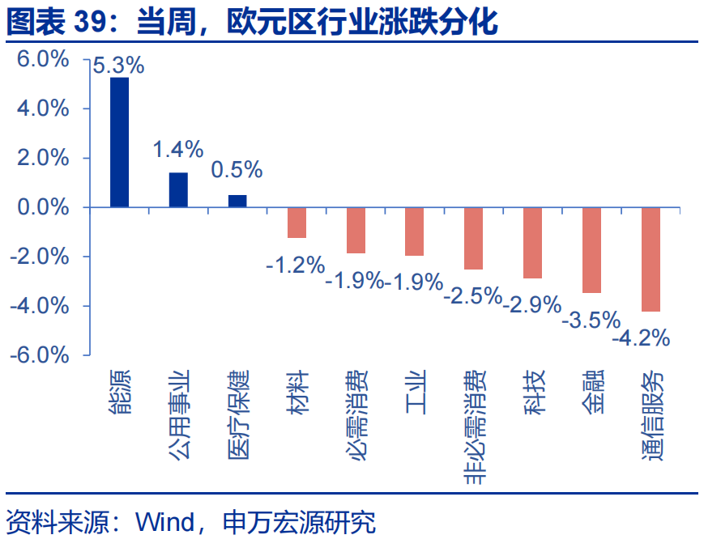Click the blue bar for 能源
point(119,142)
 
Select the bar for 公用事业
point(178,190)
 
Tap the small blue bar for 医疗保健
point(237,202)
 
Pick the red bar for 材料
point(297,223)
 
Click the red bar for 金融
point(591,250)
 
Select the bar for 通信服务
point(651,259)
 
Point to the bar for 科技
point(532,243)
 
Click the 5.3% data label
point(118,66)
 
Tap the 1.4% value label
point(178,149)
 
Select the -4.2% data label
point(641,337)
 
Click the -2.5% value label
point(473,295)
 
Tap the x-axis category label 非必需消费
point(474,427)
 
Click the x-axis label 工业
point(415,392)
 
